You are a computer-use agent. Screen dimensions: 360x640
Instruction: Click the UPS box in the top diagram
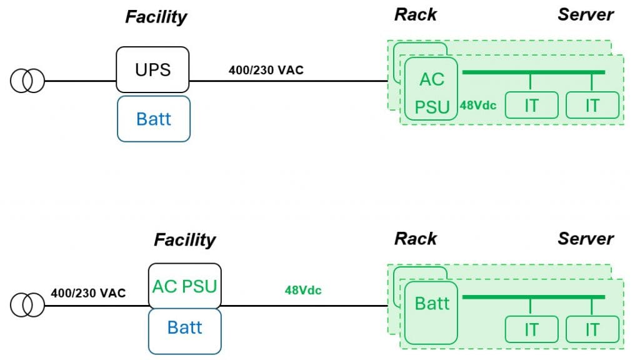pyautogui.click(x=152, y=69)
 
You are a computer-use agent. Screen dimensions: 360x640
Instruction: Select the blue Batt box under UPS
pyautogui.click(x=153, y=119)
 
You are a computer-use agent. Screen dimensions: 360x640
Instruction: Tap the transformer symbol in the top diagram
pyautogui.click(x=27, y=81)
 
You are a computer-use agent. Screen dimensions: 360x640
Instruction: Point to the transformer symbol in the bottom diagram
pyautogui.click(x=27, y=305)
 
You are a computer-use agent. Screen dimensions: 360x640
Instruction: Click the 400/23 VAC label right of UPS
pyautogui.click(x=266, y=70)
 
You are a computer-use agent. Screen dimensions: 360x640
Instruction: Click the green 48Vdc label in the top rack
pyautogui.click(x=478, y=105)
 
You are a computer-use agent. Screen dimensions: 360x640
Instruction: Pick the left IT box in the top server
pyautogui.click(x=531, y=105)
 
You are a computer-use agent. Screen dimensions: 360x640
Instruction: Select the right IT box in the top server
pyautogui.click(x=592, y=105)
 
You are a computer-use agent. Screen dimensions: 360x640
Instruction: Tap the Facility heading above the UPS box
pyautogui.click(x=156, y=17)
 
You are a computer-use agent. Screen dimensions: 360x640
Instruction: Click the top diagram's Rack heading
pyautogui.click(x=416, y=14)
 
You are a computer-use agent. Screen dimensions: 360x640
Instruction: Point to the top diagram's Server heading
pyautogui.click(x=586, y=14)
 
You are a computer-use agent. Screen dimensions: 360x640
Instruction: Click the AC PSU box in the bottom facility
pyautogui.click(x=184, y=286)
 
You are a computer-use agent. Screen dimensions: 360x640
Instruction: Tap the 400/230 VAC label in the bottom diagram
pyautogui.click(x=88, y=292)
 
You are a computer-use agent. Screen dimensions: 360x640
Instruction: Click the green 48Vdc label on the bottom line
pyautogui.click(x=303, y=290)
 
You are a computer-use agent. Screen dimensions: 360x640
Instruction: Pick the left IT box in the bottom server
pyautogui.click(x=531, y=329)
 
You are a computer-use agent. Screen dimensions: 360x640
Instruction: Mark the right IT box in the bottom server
pyautogui.click(x=592, y=329)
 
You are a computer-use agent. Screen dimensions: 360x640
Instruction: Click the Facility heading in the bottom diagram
pyautogui.click(x=184, y=239)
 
